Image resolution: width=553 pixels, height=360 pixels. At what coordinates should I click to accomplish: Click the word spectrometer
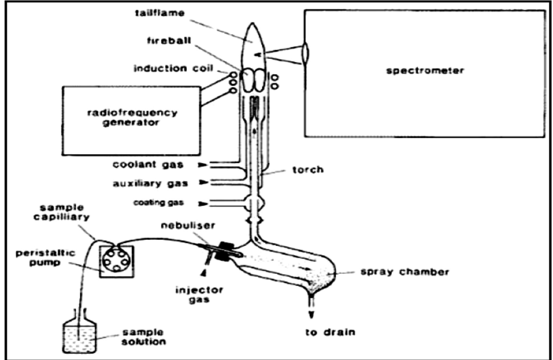point(425,71)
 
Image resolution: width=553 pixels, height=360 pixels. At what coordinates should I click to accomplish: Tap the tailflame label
point(160,13)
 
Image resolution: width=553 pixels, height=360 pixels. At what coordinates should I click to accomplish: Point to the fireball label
point(169,41)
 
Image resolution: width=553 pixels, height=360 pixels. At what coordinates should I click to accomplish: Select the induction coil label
point(173,68)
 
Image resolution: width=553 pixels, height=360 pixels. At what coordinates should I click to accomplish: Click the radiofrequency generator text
point(132,118)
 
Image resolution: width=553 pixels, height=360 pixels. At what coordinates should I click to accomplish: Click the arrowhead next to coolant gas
point(202,165)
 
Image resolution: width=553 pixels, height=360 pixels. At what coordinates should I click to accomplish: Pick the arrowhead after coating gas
point(202,204)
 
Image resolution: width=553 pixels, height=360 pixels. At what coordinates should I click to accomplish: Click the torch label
point(308,170)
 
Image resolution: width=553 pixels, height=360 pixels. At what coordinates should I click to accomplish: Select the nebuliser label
point(188,225)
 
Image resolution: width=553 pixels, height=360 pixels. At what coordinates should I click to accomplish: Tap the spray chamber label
point(405,272)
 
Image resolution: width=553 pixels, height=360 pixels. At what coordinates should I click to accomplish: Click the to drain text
point(330,332)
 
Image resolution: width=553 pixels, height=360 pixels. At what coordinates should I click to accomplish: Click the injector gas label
point(199,295)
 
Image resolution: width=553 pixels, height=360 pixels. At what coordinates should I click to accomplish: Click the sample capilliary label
point(62,212)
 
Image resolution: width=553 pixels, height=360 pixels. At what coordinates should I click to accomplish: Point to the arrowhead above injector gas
point(204,272)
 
